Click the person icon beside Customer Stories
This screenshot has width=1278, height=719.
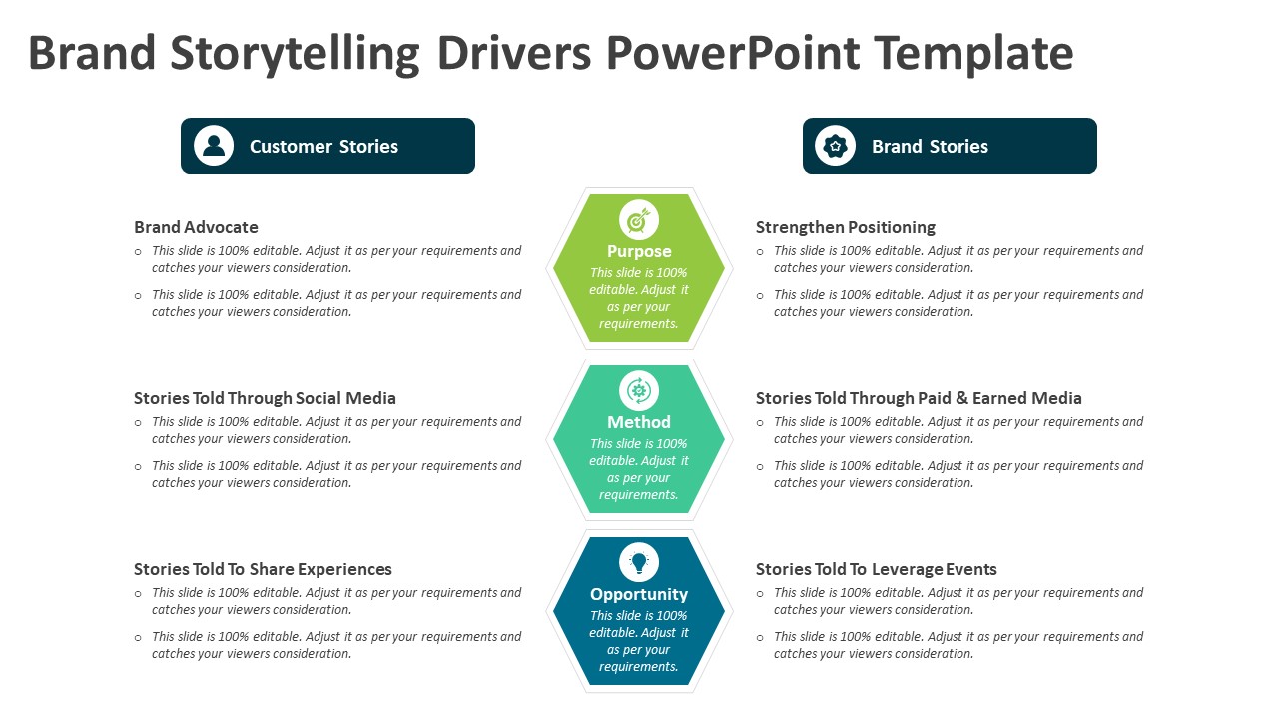pos(214,146)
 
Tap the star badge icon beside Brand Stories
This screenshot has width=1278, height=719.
pos(835,146)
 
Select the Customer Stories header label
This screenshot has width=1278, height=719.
pos(323,147)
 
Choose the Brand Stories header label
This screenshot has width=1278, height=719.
pos(930,147)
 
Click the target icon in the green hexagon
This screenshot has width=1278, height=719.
pos(639,219)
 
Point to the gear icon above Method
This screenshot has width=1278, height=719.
pos(639,390)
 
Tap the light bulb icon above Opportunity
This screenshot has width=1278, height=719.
pos(639,562)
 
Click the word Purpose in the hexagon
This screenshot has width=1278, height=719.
pos(639,251)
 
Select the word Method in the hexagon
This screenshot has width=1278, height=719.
pos(639,422)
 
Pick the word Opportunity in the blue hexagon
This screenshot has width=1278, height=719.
pos(639,594)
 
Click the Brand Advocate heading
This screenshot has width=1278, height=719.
pos(196,227)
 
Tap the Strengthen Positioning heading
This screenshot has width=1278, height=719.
pos(845,227)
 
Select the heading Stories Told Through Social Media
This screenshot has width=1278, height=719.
pos(265,398)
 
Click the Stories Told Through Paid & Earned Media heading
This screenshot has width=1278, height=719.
pos(919,398)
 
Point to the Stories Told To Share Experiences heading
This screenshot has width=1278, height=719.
pos(263,569)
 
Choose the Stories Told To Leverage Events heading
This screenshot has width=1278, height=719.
pos(876,569)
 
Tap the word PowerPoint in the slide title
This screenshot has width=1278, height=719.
pos(733,53)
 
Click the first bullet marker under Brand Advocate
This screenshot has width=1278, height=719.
pos(138,252)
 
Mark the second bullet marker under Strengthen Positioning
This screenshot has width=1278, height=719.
pos(760,296)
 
